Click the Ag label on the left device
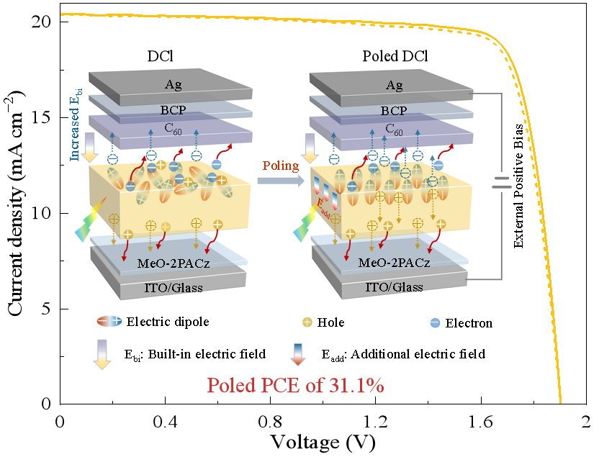coord(173,85)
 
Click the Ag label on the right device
coord(394,86)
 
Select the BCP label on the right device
coord(394,111)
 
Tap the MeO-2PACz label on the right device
coord(395,263)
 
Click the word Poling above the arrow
coord(281,166)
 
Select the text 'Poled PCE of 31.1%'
coord(295,386)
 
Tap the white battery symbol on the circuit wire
coord(502,182)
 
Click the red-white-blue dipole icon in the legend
coord(109,322)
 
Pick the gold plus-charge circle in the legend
coord(307,322)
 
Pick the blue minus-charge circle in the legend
coord(435,322)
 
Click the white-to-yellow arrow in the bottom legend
coord(102,354)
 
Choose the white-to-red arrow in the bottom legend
coord(298,354)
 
